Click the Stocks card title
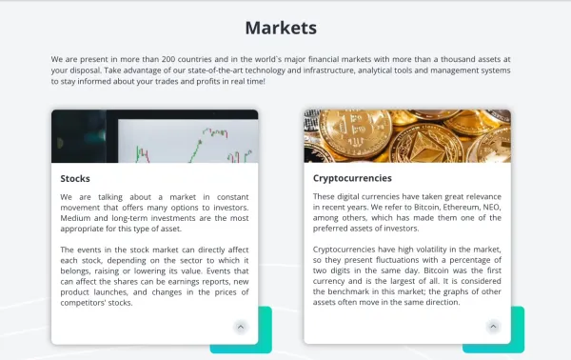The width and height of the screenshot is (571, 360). pyautogui.click(x=75, y=178)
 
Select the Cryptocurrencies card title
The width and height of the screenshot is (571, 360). pyautogui.click(x=352, y=178)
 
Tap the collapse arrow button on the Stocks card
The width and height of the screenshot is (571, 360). pyautogui.click(x=240, y=326)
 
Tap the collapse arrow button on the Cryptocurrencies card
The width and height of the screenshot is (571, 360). pyautogui.click(x=493, y=326)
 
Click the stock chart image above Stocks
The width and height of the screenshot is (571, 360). pyautogui.click(x=154, y=136)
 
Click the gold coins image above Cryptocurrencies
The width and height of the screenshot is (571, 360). pyautogui.click(x=407, y=136)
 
